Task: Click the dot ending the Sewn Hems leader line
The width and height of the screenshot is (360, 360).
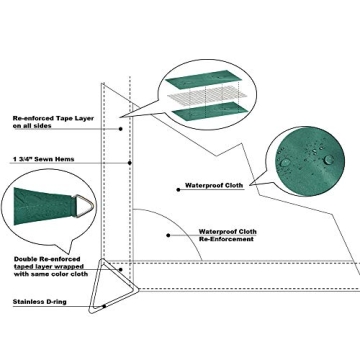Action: click(x=133, y=160)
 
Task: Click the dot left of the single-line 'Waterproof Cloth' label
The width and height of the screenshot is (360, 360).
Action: click(x=178, y=186)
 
